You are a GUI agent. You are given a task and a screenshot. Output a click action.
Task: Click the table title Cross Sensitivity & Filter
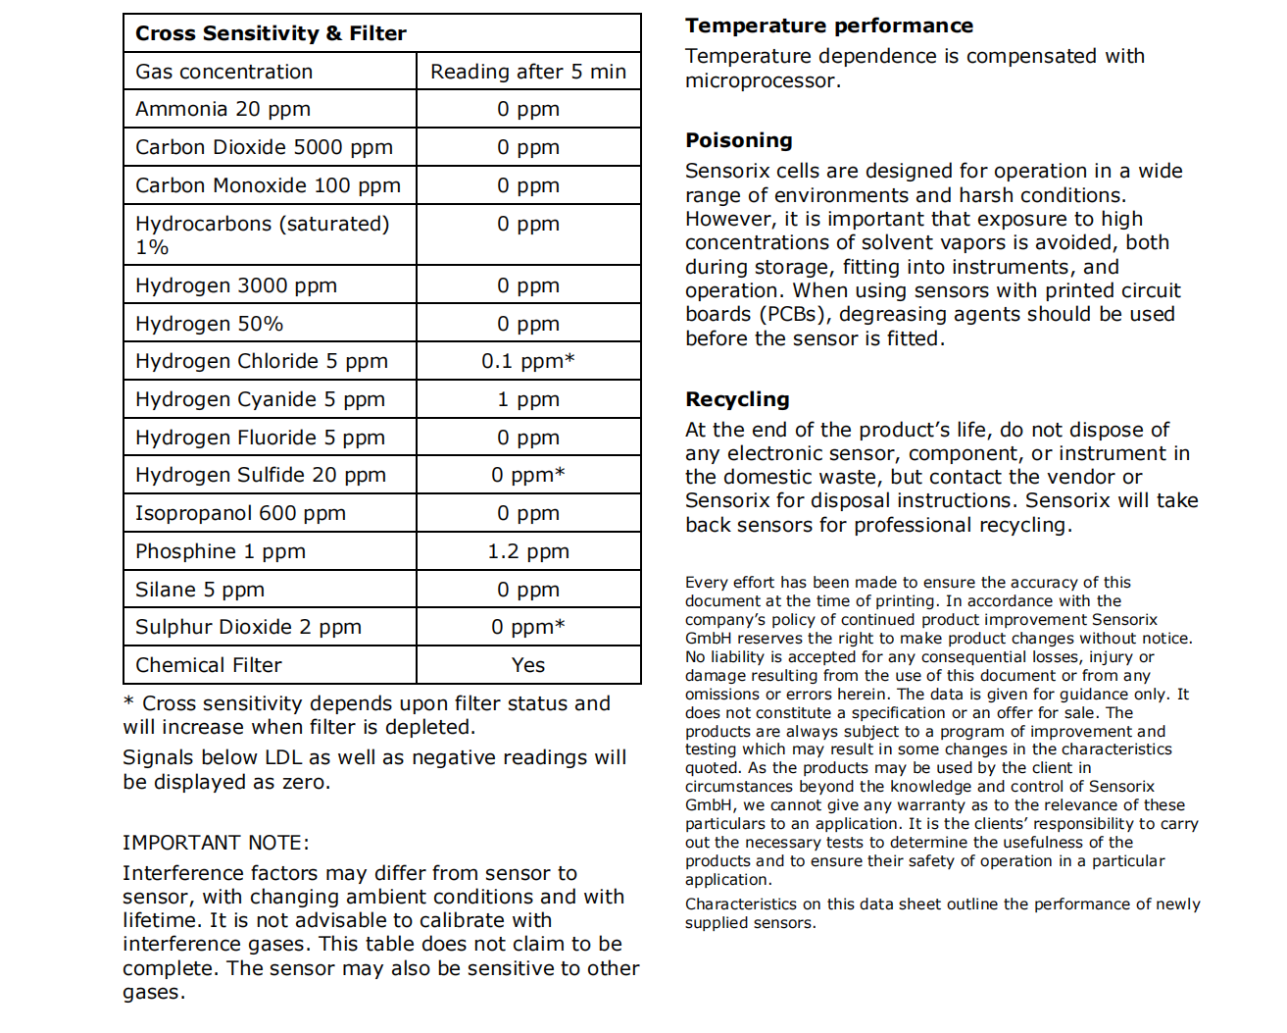click(271, 33)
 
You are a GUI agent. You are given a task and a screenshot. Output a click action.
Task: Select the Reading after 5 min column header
click(528, 72)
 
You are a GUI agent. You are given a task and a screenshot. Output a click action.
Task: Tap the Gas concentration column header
click(224, 72)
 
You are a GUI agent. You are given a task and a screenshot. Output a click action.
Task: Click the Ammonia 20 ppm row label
click(223, 109)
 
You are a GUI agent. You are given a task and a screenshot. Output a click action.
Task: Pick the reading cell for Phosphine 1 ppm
click(528, 551)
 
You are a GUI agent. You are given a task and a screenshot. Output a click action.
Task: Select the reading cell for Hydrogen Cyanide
click(528, 399)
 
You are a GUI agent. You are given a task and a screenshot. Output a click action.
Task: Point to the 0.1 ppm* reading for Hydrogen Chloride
click(528, 361)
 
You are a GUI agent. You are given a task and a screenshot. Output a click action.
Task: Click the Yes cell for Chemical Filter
click(528, 665)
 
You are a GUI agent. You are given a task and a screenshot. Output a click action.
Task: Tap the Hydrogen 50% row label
click(209, 324)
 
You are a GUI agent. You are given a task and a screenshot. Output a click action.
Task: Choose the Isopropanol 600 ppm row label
click(240, 513)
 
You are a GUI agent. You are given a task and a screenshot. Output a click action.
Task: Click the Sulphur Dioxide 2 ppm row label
click(248, 627)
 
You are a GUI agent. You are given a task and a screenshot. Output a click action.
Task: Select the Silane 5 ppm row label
click(200, 590)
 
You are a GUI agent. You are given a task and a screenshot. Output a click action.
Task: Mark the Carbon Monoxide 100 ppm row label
click(268, 185)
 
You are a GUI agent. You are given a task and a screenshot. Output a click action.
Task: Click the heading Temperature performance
click(829, 26)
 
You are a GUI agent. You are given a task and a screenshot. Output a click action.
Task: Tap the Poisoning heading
click(739, 140)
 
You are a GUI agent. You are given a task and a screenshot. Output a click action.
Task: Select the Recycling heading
click(737, 399)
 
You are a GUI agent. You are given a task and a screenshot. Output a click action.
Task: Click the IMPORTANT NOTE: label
click(216, 843)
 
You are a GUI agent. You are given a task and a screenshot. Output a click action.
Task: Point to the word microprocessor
click(761, 80)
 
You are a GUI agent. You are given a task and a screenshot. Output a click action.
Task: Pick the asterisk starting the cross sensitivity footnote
click(128, 703)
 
